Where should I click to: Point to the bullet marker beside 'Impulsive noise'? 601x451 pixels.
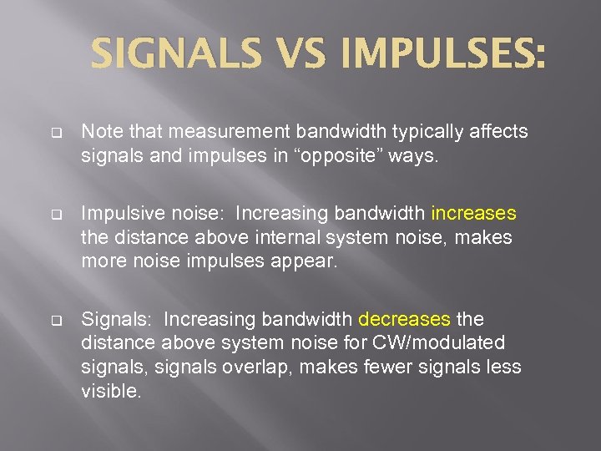pyautogui.click(x=56, y=215)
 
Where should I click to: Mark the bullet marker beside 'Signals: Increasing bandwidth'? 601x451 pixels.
pyautogui.click(x=56, y=320)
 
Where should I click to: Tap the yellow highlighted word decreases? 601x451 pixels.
pyautogui.click(x=404, y=319)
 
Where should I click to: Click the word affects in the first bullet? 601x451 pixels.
pyautogui.click(x=498, y=133)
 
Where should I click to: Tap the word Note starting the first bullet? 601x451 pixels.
pyautogui.click(x=98, y=133)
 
